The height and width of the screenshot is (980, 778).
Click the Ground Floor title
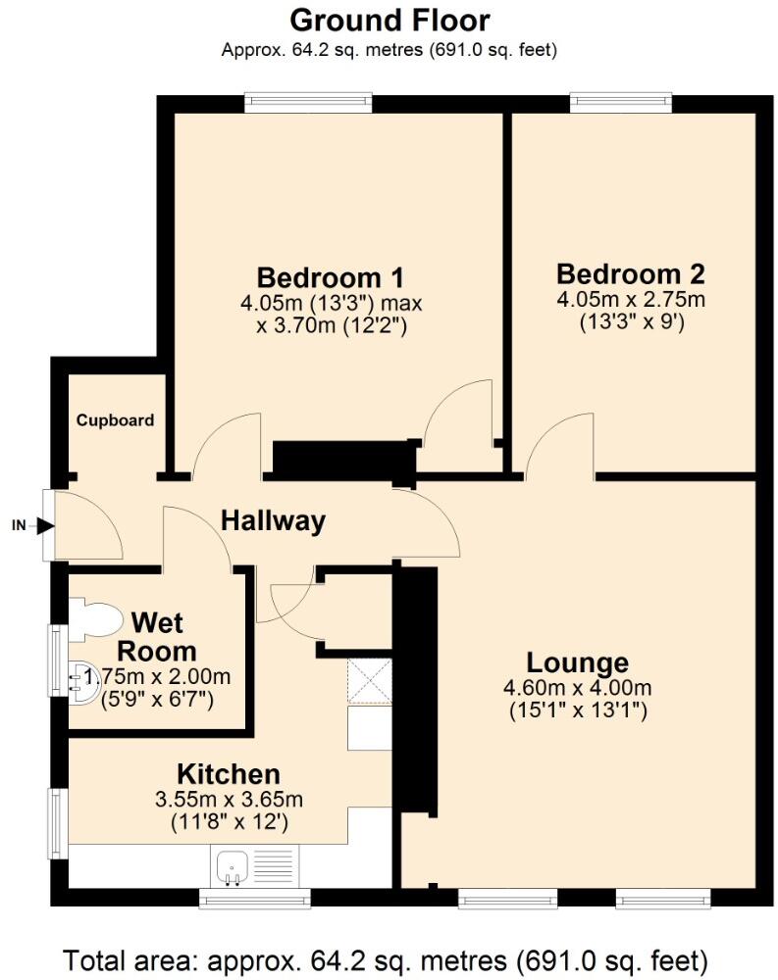pos(389,20)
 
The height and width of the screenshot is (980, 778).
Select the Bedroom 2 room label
pos(630,273)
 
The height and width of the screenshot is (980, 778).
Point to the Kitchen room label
pos(228,774)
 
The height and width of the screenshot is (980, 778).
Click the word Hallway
pos(272,521)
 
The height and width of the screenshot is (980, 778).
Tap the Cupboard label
pos(116,420)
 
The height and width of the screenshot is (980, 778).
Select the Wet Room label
pos(157,637)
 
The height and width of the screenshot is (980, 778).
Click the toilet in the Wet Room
pos(95,619)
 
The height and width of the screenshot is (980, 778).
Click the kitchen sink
pos(231,865)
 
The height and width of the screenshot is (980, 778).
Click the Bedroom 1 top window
pos(308,99)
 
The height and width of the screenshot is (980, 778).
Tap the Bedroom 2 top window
pos(621,99)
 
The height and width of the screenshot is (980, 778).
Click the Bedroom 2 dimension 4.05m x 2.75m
pos(631,299)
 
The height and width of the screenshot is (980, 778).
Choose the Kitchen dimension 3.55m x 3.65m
pos(228,800)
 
